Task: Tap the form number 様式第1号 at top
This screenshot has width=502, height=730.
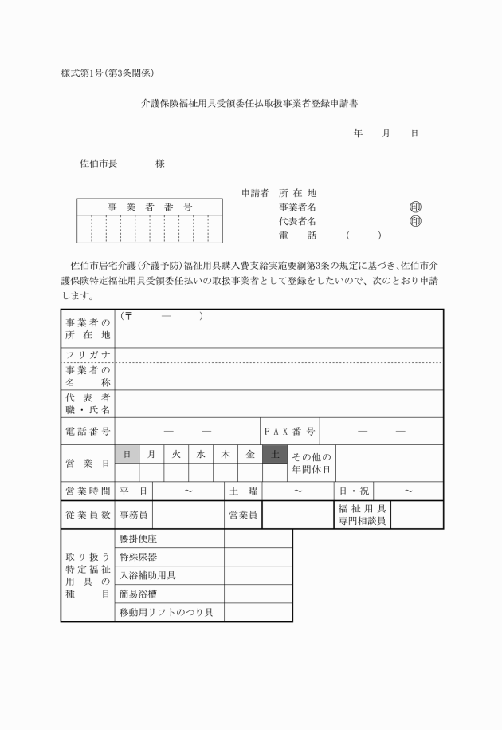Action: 84,73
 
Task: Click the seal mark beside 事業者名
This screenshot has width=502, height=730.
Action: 414,207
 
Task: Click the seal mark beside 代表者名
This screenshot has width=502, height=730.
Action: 414,221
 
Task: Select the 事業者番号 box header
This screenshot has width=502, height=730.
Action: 150,207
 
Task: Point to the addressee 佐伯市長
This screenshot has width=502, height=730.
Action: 99,164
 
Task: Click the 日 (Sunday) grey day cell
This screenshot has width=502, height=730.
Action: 127,454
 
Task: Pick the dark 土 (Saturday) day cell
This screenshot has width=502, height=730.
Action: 274,454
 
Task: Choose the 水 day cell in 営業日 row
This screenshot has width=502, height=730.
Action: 201,454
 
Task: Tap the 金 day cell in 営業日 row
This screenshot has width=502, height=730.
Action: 250,454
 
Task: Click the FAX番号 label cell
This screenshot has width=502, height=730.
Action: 290,432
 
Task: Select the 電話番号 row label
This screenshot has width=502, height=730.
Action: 88,432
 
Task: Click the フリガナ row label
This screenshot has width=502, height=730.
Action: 88,355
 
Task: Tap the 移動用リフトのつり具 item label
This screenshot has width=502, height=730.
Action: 169,613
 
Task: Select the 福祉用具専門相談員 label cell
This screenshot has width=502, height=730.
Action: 362,515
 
